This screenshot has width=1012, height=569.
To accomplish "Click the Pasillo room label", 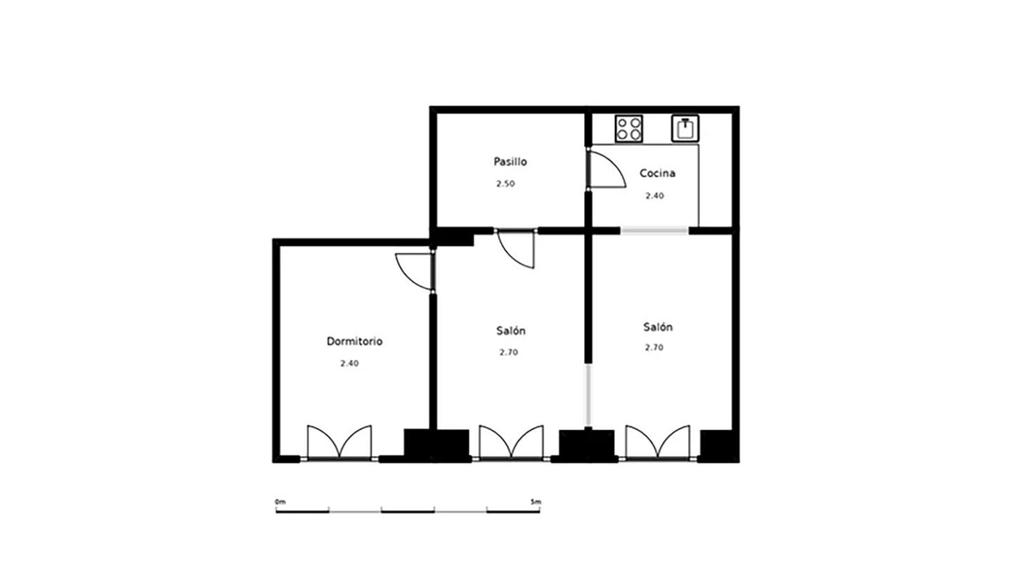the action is tap(510, 162).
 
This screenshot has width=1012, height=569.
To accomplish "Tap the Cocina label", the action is tap(657, 173).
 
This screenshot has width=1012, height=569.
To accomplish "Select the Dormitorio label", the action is tap(355, 341).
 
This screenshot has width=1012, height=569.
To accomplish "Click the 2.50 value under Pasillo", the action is tap(505, 184).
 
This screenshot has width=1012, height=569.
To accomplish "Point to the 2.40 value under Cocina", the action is tap(655, 196).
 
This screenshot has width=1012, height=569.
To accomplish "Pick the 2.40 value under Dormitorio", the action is tap(350, 364).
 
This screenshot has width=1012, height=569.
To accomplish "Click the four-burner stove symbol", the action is tap(629, 129).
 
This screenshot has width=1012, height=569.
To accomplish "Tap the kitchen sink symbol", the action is tap(685, 129).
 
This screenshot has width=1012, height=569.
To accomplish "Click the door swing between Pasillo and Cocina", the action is tap(606, 169).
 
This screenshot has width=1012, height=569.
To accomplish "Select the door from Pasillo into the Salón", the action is tap(516, 249).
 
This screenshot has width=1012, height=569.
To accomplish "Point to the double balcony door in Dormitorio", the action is tap(339, 443).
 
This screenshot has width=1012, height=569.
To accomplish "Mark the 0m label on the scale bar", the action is tap(280, 502).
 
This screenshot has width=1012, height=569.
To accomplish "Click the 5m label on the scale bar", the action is tap(536, 502).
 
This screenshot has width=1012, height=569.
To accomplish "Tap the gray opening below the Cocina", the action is tap(654, 230).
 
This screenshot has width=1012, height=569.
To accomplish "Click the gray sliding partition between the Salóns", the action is tap(588, 395).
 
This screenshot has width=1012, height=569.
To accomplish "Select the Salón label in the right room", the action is tap(658, 327).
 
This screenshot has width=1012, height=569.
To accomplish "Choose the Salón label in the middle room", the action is tap(510, 331).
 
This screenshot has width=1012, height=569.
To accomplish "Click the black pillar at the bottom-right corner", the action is tap(720, 446).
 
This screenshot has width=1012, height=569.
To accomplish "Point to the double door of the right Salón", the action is tap(658, 443).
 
